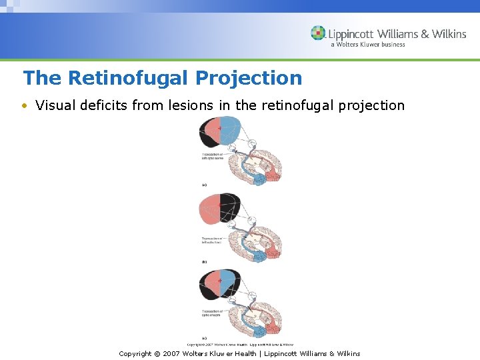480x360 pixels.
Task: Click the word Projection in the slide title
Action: pyautogui.click(x=249, y=78)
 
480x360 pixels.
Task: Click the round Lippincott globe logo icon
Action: pyautogui.click(x=318, y=33)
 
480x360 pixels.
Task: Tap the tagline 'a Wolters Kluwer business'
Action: pyautogui.click(x=367, y=45)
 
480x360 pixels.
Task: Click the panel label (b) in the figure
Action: pyautogui.click(x=203, y=262)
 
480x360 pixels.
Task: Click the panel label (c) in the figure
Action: pyautogui.click(x=203, y=338)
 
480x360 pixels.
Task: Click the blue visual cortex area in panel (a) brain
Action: pyautogui.click(x=260, y=178)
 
